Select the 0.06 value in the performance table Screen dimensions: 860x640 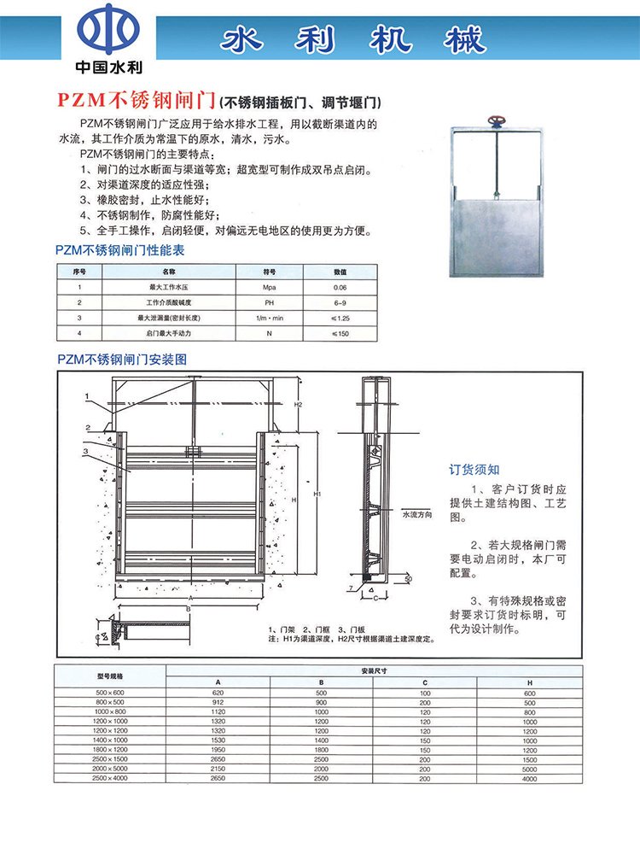pyautogui.click(x=340, y=289)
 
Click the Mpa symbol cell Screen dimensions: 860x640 pyautogui.click(x=270, y=289)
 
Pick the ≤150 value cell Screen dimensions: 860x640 pyautogui.click(x=340, y=332)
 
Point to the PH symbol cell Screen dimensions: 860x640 pyautogui.click(x=269, y=303)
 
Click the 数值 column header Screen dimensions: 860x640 pyautogui.click(x=340, y=272)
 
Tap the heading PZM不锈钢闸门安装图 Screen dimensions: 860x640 pyautogui.click(x=119, y=360)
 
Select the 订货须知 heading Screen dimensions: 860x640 pyautogui.click(x=474, y=469)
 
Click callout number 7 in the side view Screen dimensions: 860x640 pyautogui.click(x=351, y=589)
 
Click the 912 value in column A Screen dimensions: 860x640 pyautogui.click(x=218, y=702)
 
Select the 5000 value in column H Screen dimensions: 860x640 pyautogui.click(x=530, y=769)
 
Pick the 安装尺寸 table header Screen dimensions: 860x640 pyautogui.click(x=374, y=670)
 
